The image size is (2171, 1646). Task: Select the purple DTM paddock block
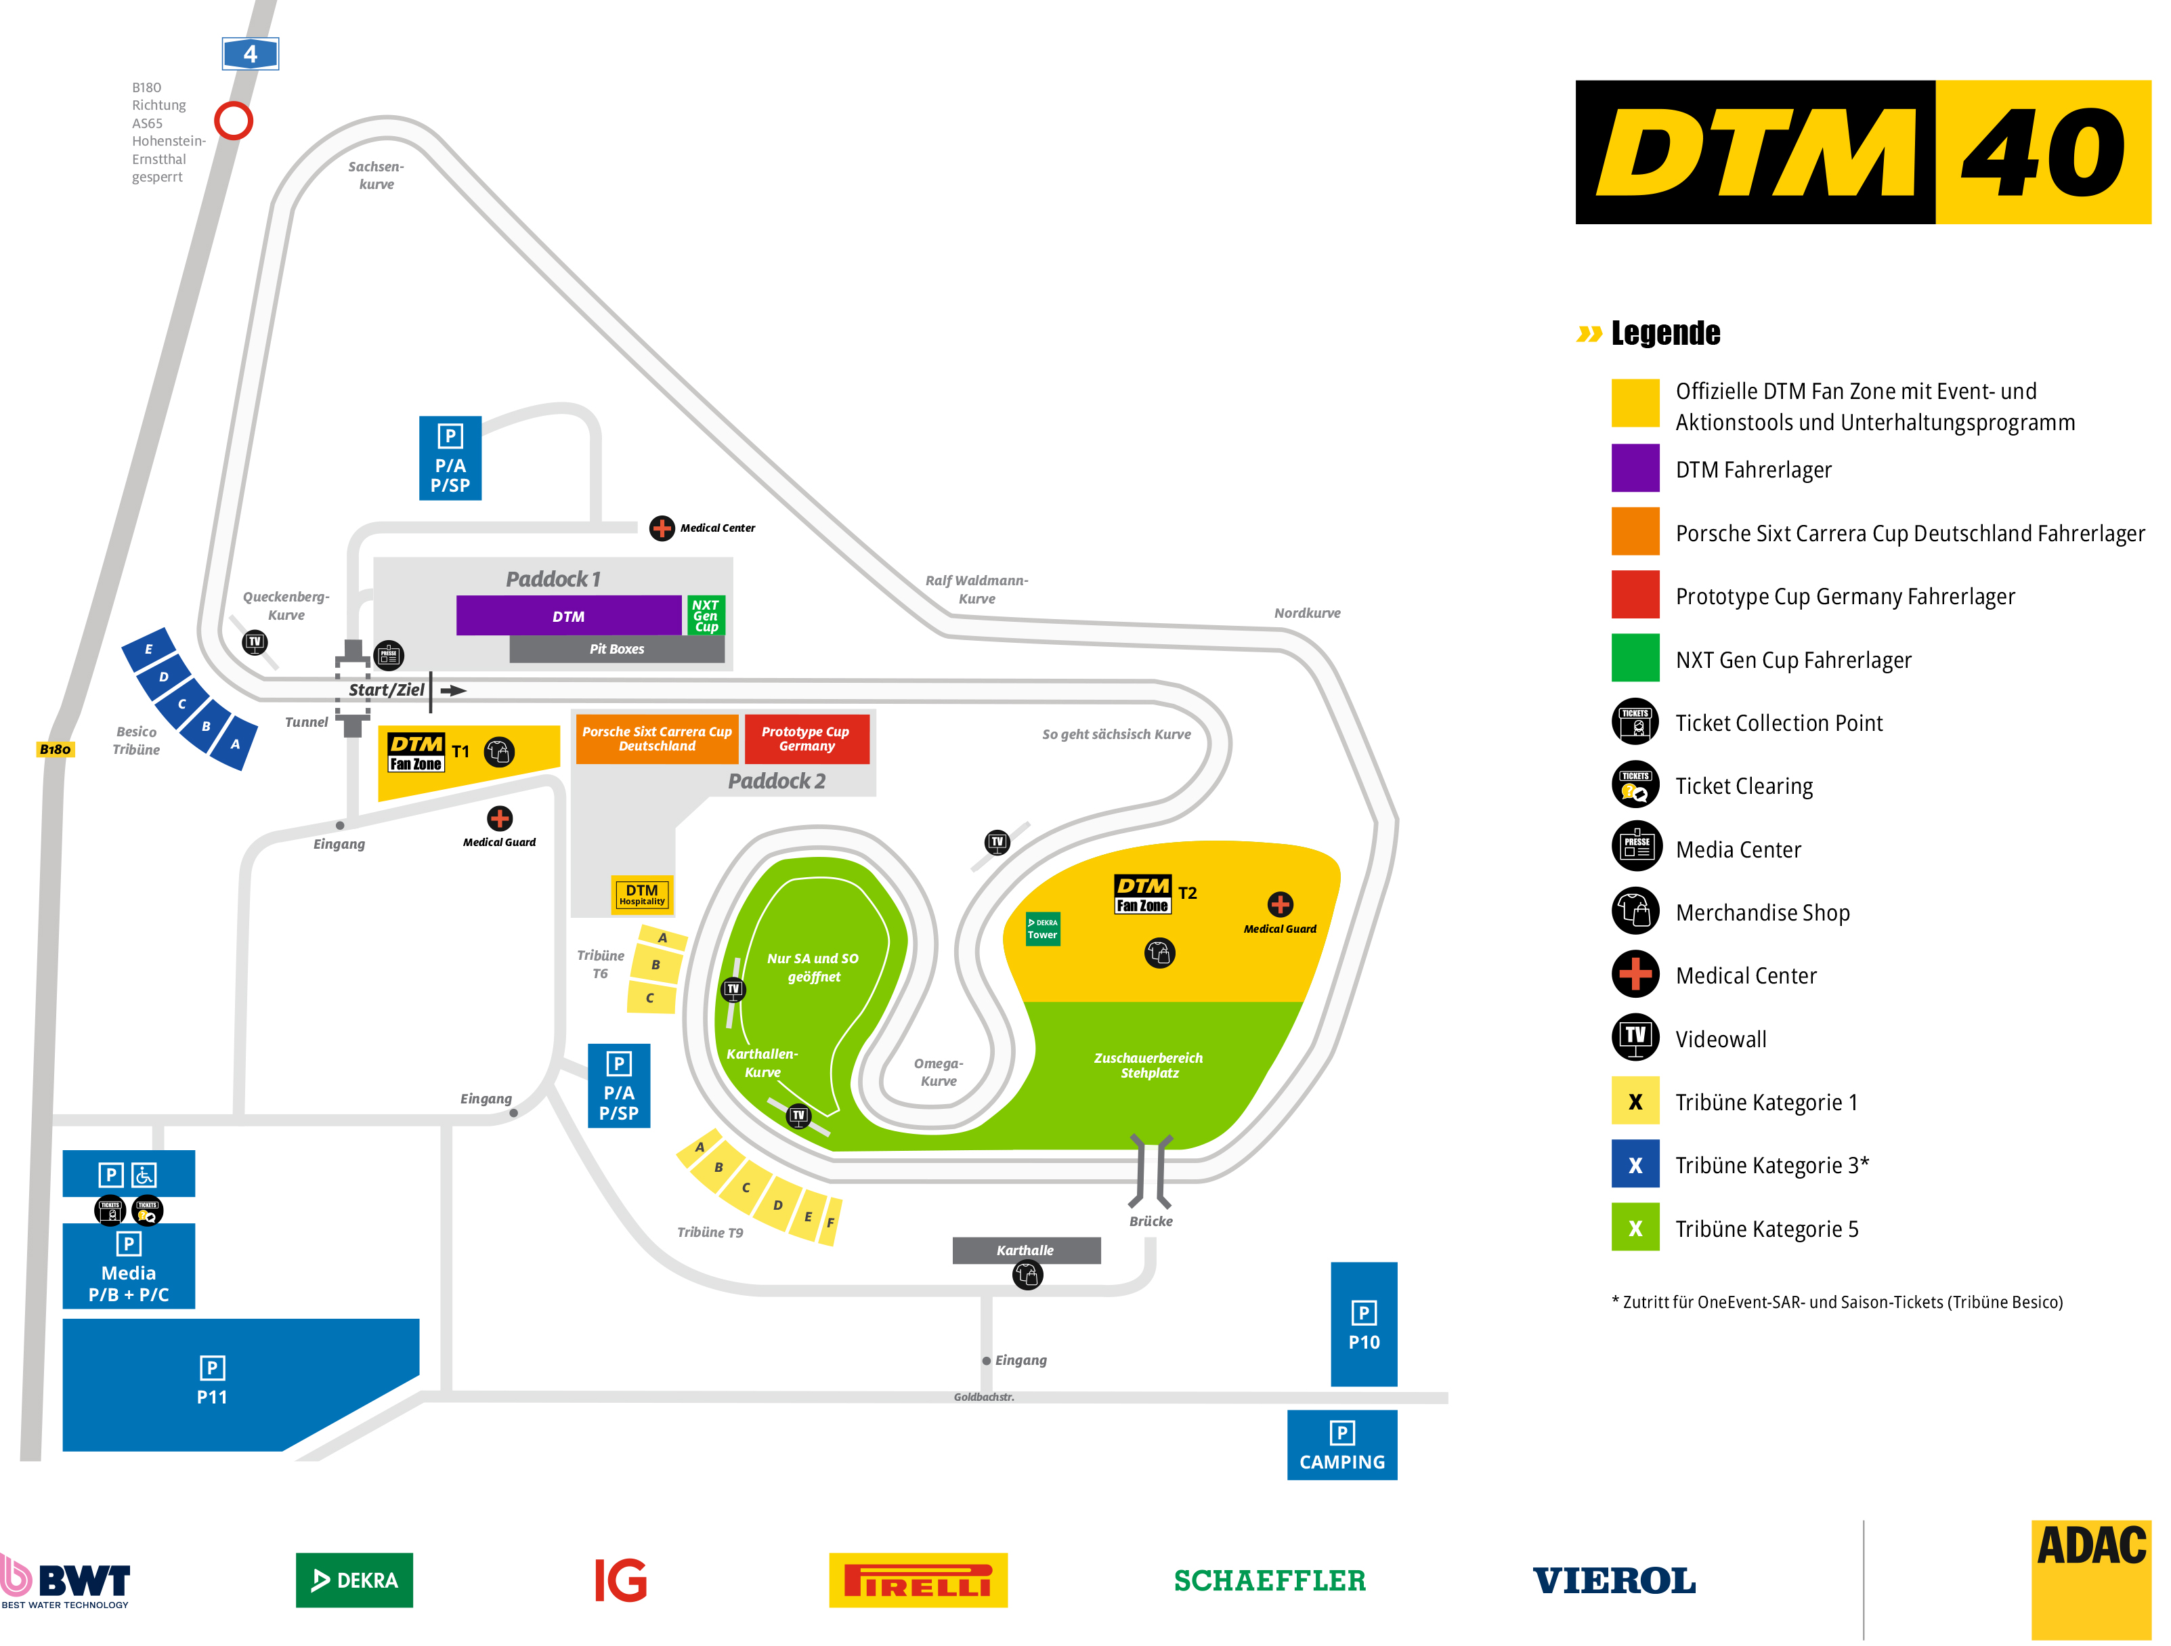pyautogui.click(x=568, y=616)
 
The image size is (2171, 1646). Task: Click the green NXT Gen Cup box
pyautogui.click(x=706, y=616)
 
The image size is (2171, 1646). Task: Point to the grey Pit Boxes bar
pyautogui.click(x=618, y=649)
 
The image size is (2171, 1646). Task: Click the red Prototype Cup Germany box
pyautogui.click(x=807, y=738)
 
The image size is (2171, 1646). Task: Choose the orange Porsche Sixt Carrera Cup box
pyautogui.click(x=657, y=738)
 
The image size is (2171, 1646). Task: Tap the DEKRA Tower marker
pyautogui.click(x=1042, y=929)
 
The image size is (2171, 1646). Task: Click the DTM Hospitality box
pyautogui.click(x=642, y=894)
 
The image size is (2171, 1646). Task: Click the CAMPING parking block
pyautogui.click(x=1341, y=1445)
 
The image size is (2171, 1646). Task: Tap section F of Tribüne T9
pyautogui.click(x=830, y=1222)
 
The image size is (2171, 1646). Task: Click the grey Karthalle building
pyautogui.click(x=1026, y=1250)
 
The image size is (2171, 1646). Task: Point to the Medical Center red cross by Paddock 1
pyautogui.click(x=662, y=528)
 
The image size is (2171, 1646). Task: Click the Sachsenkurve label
pyautogui.click(x=376, y=175)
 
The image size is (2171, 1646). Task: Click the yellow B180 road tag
pyautogui.click(x=55, y=749)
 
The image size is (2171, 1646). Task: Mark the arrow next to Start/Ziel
pyautogui.click(x=454, y=690)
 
